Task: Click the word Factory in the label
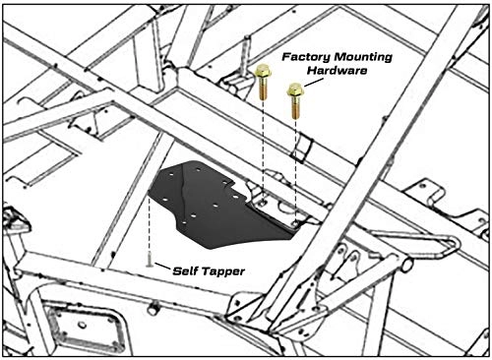[306, 57]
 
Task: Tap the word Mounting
[362, 58]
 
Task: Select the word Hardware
[338, 71]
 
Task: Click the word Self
[185, 271]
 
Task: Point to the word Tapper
[222, 272]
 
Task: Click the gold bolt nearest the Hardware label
[295, 100]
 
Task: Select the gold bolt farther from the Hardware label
[263, 82]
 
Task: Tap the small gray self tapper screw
[150, 261]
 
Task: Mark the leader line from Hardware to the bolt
[311, 83]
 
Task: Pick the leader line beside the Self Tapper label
[162, 266]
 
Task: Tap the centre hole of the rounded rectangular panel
[83, 325]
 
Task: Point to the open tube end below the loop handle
[406, 265]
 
